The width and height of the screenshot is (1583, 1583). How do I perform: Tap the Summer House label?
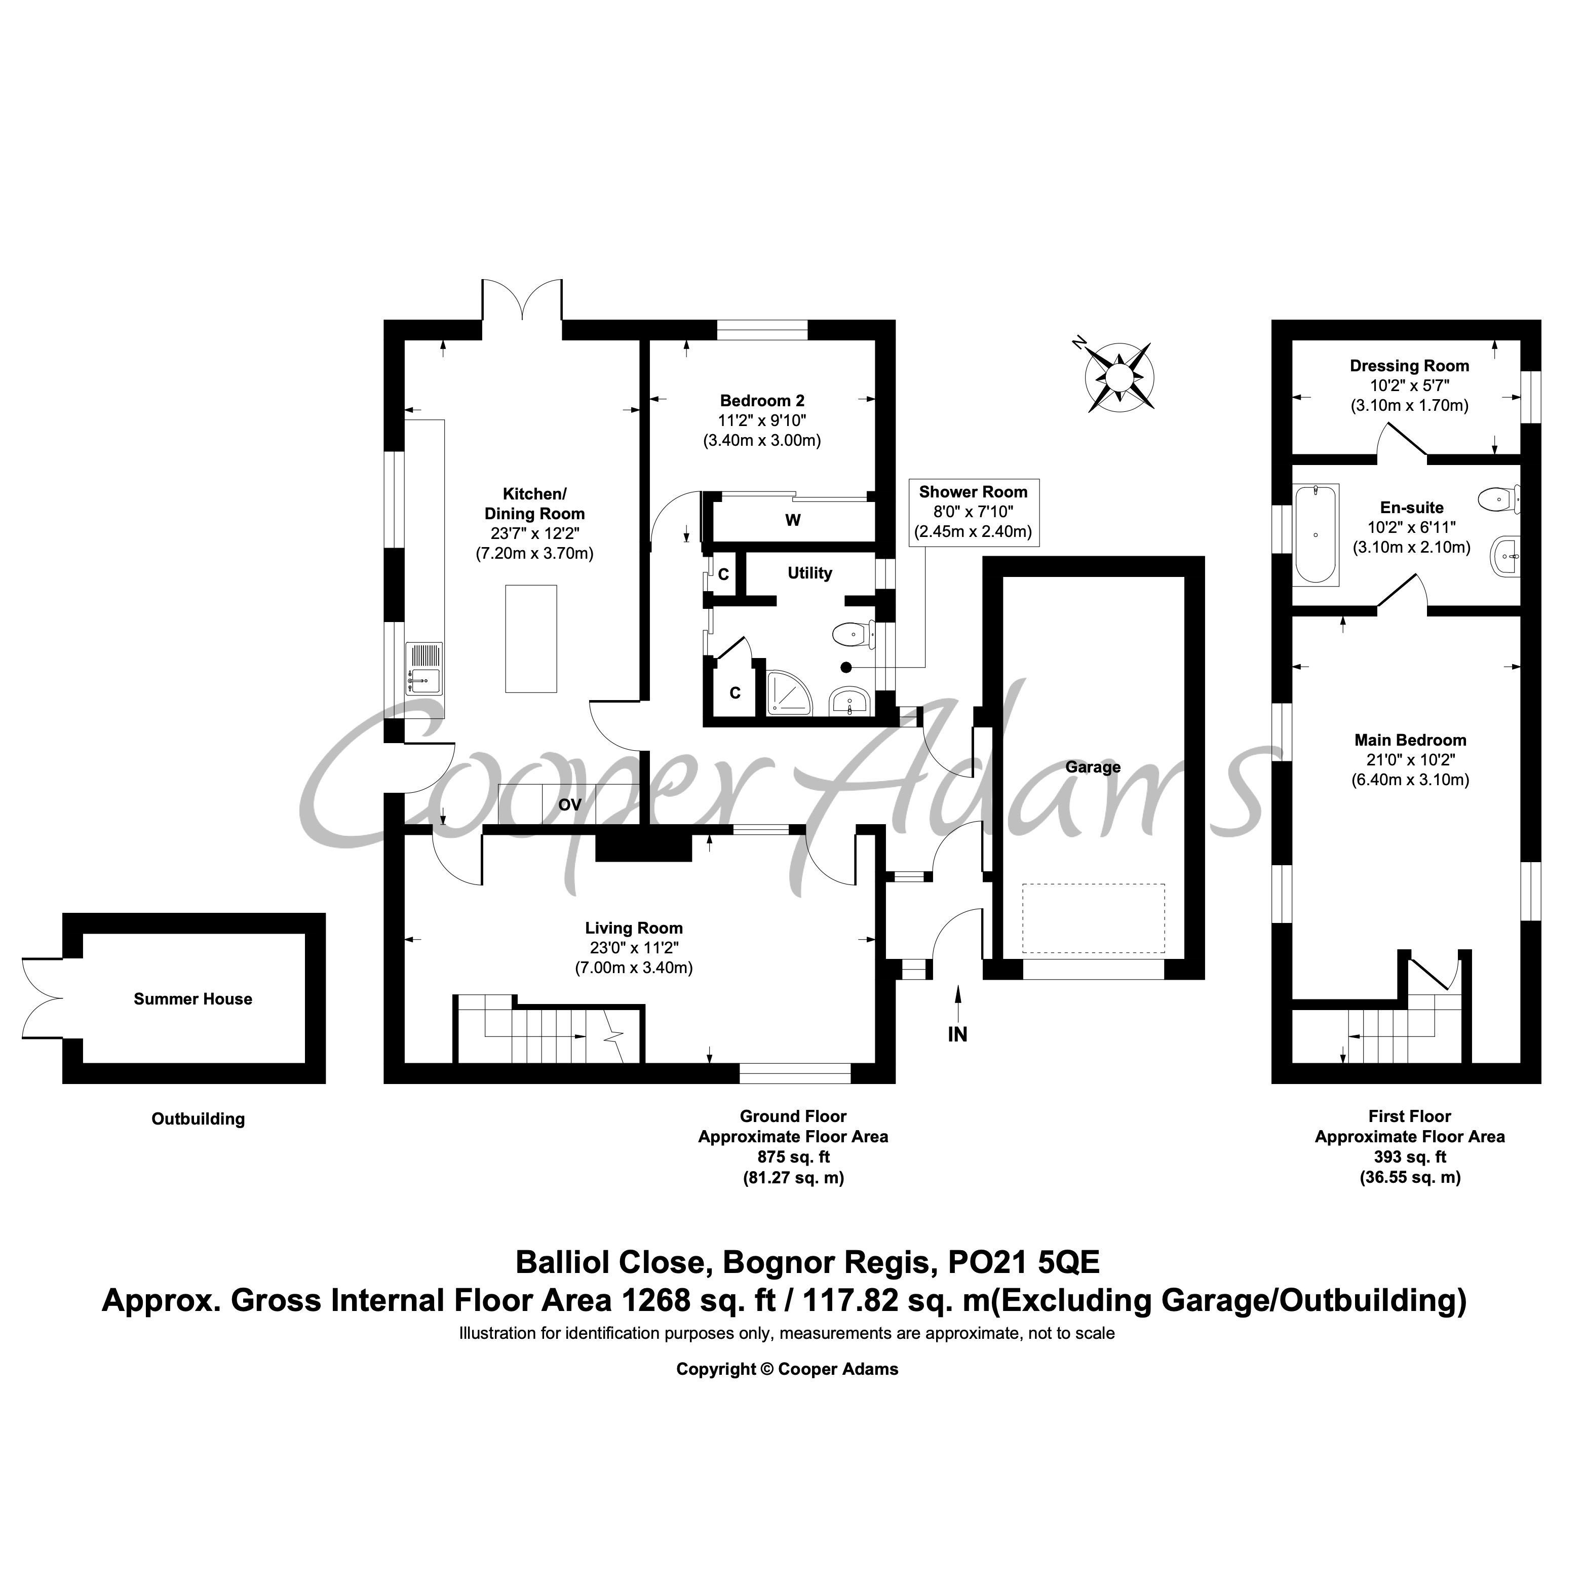coord(194,999)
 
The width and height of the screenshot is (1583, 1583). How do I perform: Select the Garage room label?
coord(1093,767)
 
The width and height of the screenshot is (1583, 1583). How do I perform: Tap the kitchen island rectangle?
coord(531,638)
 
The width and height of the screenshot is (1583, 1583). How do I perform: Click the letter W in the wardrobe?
coord(792,520)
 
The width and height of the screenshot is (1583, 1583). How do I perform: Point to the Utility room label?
coord(809,573)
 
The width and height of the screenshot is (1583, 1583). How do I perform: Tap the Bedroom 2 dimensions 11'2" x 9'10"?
coord(762,420)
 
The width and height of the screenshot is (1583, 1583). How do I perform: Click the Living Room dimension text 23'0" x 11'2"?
coord(634,948)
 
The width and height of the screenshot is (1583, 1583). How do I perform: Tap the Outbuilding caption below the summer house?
coord(198,1119)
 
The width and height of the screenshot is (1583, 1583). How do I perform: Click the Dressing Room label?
coord(1409,366)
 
